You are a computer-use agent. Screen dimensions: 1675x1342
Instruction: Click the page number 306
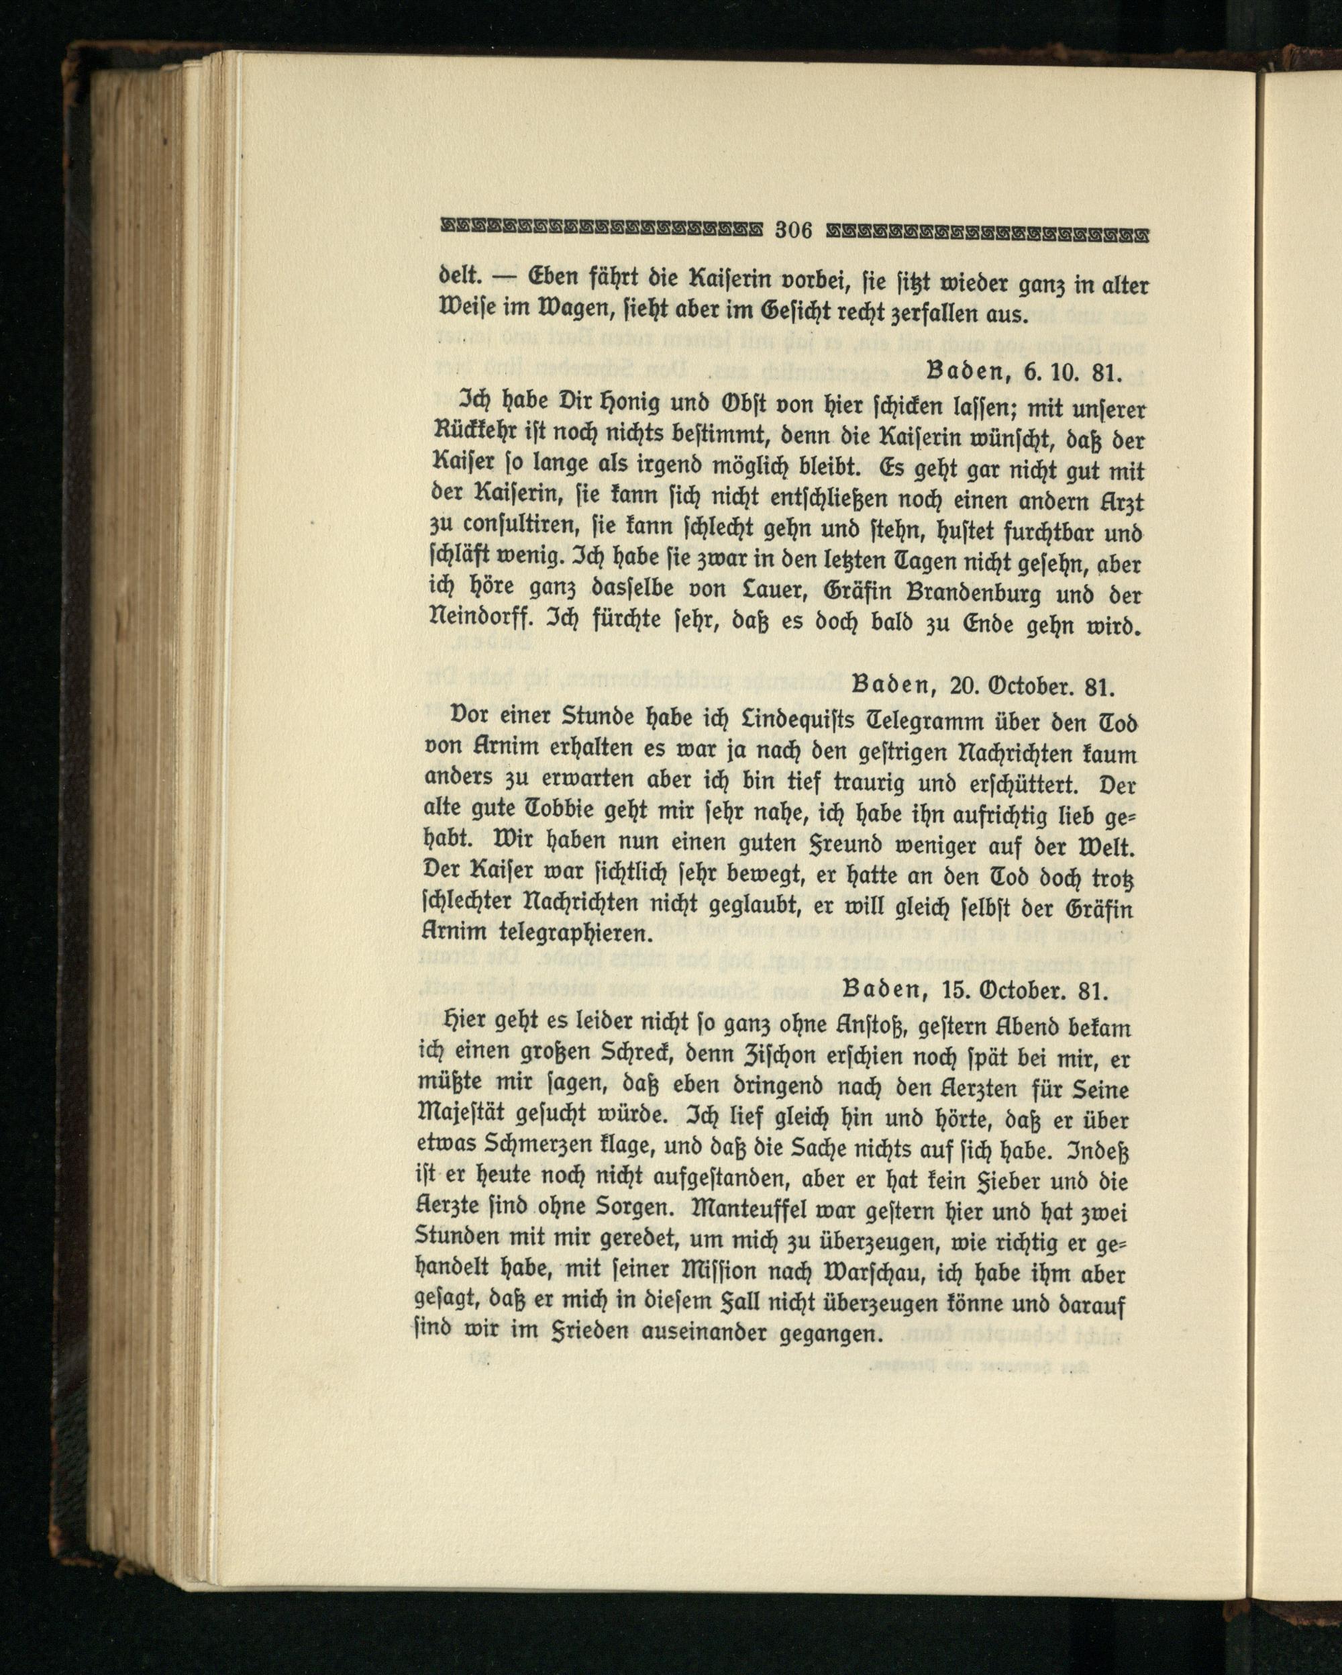click(793, 231)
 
